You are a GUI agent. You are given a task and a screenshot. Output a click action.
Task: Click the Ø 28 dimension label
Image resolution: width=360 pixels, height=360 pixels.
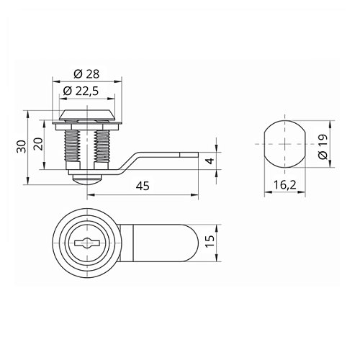(86, 74)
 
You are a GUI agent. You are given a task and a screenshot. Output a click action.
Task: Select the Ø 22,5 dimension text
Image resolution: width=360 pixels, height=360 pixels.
(81, 91)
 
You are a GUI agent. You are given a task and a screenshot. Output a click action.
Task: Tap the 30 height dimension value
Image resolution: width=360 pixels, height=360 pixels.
(22, 147)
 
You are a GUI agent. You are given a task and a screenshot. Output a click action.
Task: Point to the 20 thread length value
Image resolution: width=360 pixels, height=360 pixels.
(38, 144)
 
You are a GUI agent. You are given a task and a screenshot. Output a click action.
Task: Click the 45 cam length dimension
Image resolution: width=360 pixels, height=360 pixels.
(143, 186)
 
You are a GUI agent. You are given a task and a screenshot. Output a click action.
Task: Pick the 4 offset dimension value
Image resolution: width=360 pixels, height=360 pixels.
(210, 161)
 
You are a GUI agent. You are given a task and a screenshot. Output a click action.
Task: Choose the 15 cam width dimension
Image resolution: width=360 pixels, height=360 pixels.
(210, 241)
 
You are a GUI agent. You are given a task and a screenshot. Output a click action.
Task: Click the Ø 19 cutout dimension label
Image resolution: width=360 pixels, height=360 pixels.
(323, 147)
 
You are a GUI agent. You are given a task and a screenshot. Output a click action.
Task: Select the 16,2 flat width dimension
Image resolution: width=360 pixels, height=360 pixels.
(285, 185)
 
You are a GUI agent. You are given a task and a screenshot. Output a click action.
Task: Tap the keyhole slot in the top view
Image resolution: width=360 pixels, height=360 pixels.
(86, 243)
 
